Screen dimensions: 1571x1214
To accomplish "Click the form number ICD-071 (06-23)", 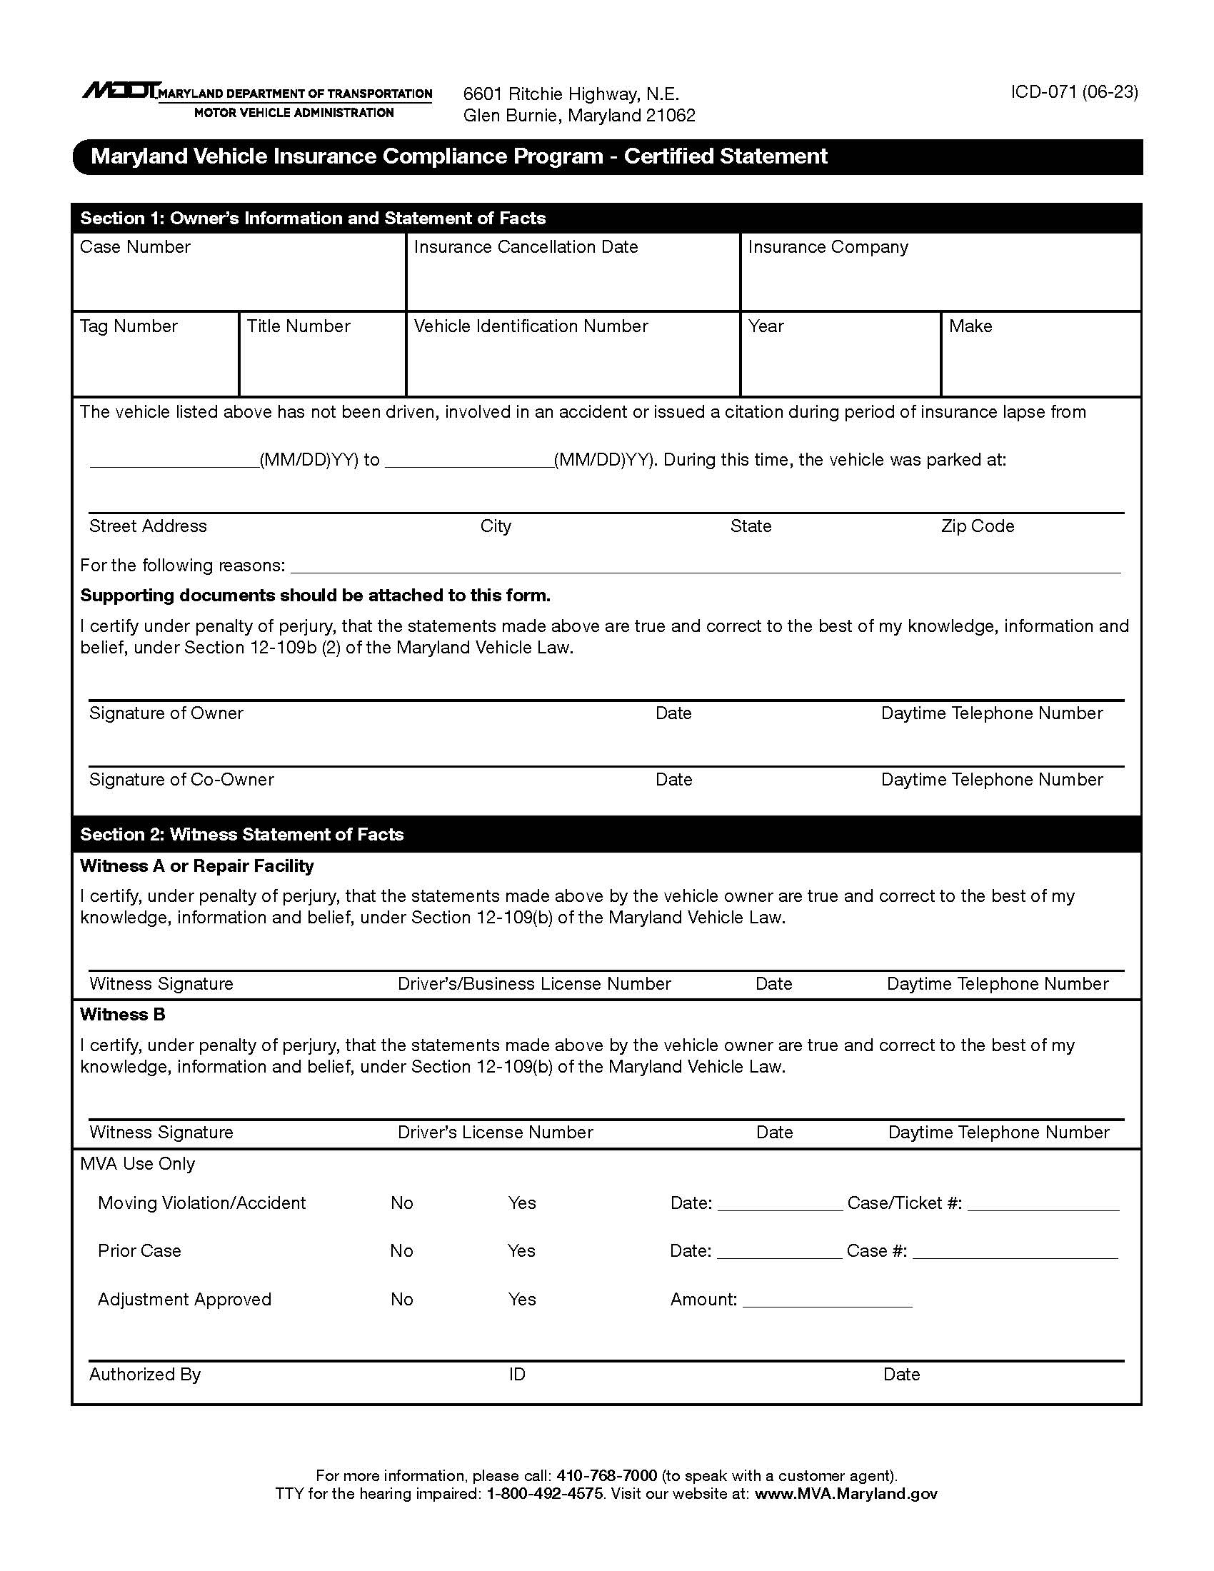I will click(x=1074, y=92).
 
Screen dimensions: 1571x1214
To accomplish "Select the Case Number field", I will click(x=239, y=281).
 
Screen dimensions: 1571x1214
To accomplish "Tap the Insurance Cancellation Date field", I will click(x=573, y=281).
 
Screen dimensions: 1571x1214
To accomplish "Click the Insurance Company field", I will click(x=940, y=281).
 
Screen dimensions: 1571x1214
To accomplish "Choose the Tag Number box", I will click(x=156, y=363).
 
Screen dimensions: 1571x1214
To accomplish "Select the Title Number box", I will click(x=322, y=363).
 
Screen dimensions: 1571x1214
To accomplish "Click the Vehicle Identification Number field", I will click(x=573, y=363).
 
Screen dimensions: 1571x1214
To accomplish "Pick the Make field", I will click(x=1040, y=363).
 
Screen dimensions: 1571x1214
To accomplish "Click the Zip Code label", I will click(x=978, y=526).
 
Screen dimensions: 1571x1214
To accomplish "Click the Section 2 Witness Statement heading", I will click(x=241, y=834).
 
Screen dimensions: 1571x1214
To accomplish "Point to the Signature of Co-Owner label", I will click(x=181, y=780).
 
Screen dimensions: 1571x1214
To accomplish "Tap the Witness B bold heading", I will click(x=123, y=1014).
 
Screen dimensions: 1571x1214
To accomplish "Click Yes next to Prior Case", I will click(x=521, y=1251).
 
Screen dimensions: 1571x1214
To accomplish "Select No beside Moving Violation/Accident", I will click(x=402, y=1203).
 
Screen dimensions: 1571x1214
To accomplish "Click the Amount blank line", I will click(x=827, y=1300).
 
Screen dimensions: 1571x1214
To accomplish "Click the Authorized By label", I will click(x=144, y=1375).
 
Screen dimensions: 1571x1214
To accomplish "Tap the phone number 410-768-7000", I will click(x=606, y=1476).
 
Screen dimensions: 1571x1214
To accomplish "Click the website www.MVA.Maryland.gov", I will click(x=846, y=1494).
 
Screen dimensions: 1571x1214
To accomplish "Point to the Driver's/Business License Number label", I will click(x=533, y=984).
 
